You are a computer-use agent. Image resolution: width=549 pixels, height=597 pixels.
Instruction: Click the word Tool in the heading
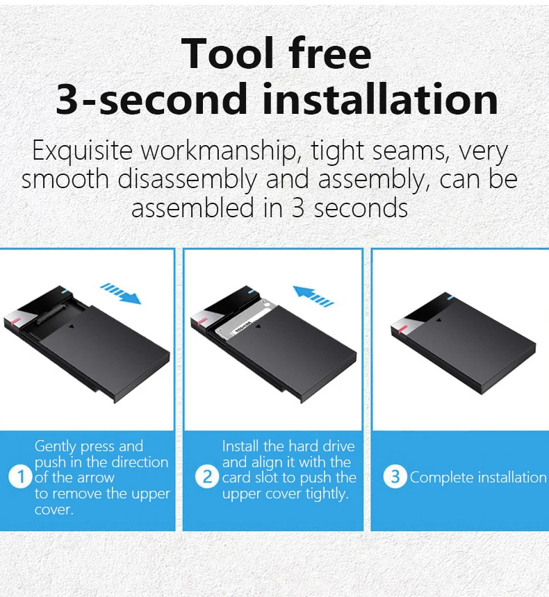tap(228, 53)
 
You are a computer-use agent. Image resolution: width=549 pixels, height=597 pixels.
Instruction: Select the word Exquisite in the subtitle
tap(82, 151)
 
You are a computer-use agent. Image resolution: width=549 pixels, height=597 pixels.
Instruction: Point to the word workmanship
tap(219, 151)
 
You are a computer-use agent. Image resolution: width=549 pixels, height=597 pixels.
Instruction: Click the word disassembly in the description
tap(187, 180)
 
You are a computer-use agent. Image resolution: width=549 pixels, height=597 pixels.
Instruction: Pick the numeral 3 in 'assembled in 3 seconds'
tap(297, 208)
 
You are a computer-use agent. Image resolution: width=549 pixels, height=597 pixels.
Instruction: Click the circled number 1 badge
tap(20, 477)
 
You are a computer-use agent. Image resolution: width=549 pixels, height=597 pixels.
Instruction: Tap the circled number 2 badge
tap(207, 477)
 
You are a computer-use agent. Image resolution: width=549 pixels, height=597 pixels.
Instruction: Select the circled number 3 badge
tap(395, 477)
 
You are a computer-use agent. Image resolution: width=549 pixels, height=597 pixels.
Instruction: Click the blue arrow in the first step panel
tap(120, 293)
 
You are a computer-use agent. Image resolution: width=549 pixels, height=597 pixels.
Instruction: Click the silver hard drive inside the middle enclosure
tap(244, 317)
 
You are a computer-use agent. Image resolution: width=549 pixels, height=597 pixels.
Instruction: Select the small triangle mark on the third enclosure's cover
tap(438, 321)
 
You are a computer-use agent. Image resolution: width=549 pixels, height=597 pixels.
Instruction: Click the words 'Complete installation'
tap(478, 477)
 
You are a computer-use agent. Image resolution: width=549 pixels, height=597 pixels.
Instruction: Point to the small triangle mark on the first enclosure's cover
tap(72, 326)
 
